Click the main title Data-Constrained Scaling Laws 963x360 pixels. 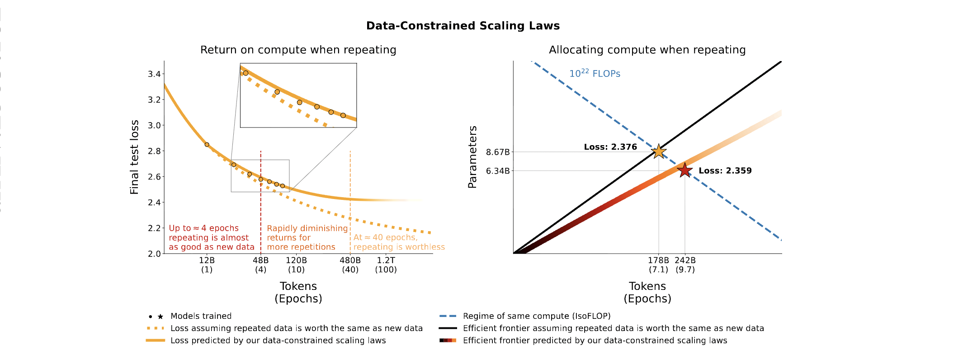[x=463, y=26]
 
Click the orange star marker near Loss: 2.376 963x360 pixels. [x=659, y=151]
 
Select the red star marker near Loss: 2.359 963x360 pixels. [x=684, y=171]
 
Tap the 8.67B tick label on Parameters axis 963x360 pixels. [x=497, y=152]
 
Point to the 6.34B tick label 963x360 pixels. [x=497, y=171]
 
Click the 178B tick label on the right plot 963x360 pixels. [x=658, y=261]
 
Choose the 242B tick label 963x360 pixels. [x=685, y=261]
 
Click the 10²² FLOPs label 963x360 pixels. [x=595, y=73]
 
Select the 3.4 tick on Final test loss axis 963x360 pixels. [x=154, y=74]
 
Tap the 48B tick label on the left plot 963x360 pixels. [x=260, y=261]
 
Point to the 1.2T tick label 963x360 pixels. [x=386, y=261]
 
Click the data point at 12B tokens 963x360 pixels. [x=207, y=145]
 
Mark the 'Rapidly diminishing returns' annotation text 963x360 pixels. [x=307, y=237]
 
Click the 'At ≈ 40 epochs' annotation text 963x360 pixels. [x=399, y=242]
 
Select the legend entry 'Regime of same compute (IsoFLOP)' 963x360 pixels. [x=536, y=316]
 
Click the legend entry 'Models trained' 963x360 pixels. [x=201, y=316]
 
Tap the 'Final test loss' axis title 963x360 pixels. [x=134, y=157]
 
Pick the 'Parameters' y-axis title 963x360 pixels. [x=472, y=157]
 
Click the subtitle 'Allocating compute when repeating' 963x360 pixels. [x=647, y=50]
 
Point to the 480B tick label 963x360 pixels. [x=350, y=261]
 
